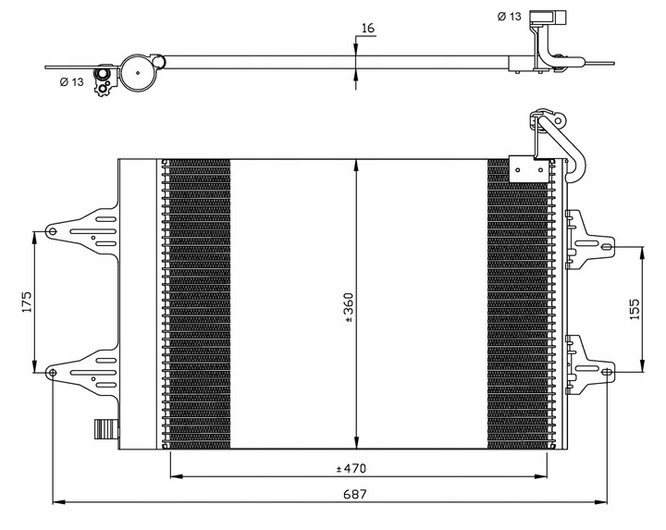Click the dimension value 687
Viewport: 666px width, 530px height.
tap(355, 494)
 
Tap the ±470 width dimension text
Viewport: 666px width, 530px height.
tap(351, 468)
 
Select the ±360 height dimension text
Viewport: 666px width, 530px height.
tap(349, 307)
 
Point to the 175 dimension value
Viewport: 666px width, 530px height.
tap(27, 302)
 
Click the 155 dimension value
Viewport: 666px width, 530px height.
tap(634, 309)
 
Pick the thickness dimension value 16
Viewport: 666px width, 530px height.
tap(368, 28)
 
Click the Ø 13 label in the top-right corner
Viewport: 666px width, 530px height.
tap(509, 16)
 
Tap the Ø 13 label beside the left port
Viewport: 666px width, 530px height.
tap(72, 81)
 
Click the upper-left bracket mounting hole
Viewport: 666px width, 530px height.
tap(52, 231)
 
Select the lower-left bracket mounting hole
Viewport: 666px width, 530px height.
tap(52, 373)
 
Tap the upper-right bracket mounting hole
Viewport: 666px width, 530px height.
tap(607, 246)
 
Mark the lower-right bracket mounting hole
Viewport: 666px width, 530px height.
tap(607, 373)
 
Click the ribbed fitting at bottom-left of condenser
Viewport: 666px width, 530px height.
tap(105, 429)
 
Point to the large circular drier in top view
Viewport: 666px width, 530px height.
tap(138, 72)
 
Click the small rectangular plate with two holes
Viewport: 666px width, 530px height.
tap(529, 169)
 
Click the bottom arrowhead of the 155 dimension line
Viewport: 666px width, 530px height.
tap(642, 366)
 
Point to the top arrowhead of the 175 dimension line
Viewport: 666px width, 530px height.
tap(34, 238)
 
